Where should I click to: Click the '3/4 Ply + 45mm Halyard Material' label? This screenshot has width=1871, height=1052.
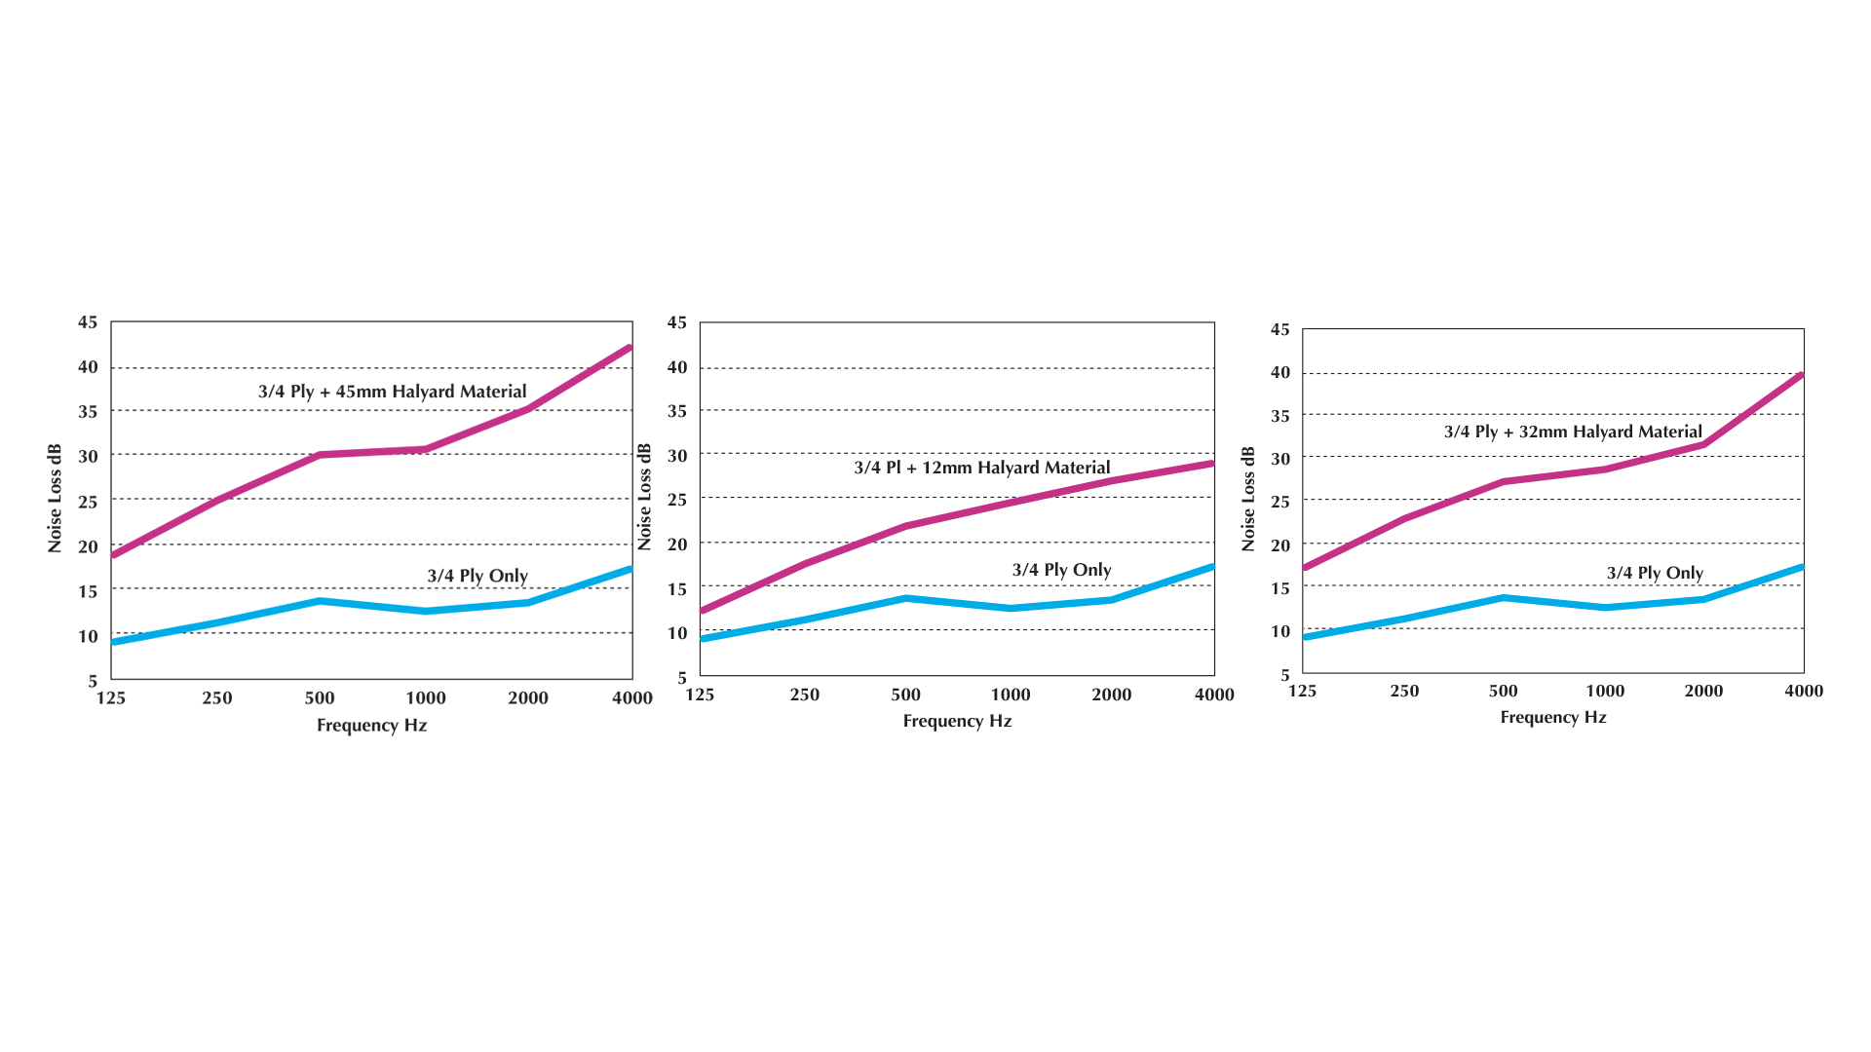click(392, 392)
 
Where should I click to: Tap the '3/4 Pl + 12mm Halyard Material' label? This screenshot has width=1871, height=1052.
click(981, 468)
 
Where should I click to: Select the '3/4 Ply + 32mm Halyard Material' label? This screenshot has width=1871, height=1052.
click(1573, 432)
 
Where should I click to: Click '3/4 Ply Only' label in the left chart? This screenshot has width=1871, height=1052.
click(477, 576)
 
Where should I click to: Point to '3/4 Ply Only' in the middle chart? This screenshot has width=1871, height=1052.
click(1061, 570)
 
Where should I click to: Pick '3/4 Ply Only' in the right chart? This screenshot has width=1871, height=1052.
click(1655, 573)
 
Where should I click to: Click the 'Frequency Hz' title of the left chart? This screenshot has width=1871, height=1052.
click(371, 725)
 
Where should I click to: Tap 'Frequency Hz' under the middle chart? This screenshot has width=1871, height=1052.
click(957, 721)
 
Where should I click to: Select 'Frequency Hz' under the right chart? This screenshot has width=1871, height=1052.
click(1553, 717)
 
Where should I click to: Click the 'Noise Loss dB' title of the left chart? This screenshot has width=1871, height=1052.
click(55, 499)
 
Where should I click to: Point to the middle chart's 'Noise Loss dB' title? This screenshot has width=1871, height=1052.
click(644, 497)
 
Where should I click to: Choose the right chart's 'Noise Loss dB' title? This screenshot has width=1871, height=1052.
click(1248, 499)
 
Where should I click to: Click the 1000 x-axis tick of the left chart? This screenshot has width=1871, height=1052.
click(425, 697)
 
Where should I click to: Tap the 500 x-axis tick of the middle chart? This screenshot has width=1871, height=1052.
click(905, 695)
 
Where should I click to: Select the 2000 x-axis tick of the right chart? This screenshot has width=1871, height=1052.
click(1703, 691)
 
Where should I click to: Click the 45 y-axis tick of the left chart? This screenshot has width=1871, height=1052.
click(88, 322)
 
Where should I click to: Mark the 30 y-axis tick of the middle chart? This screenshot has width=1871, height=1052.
click(676, 455)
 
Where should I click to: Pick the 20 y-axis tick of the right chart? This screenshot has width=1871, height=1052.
click(1279, 545)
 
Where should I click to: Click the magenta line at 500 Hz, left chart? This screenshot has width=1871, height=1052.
click(320, 455)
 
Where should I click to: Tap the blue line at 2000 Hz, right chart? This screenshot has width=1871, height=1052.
click(1703, 599)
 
